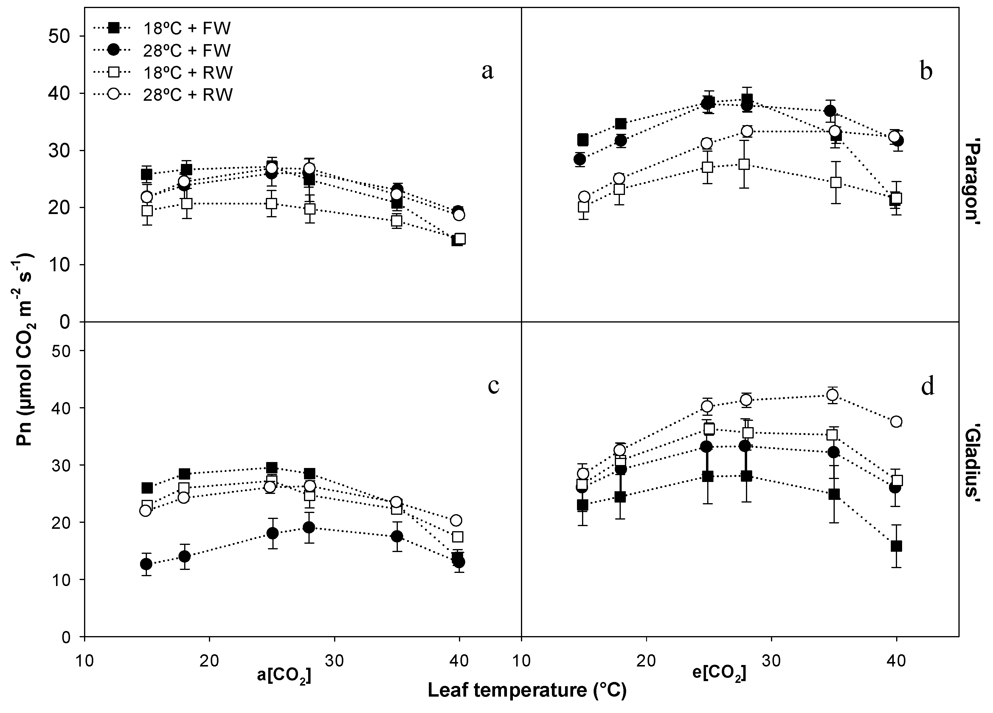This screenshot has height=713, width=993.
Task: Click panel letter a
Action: [487, 71]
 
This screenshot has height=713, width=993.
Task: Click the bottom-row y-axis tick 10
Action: [60, 579]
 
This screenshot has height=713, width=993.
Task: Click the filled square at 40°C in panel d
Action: [896, 546]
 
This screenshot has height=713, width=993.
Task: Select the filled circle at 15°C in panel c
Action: [146, 564]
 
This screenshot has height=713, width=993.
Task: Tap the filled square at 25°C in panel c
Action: [272, 467]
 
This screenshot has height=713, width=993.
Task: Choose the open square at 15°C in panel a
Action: [147, 210]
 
